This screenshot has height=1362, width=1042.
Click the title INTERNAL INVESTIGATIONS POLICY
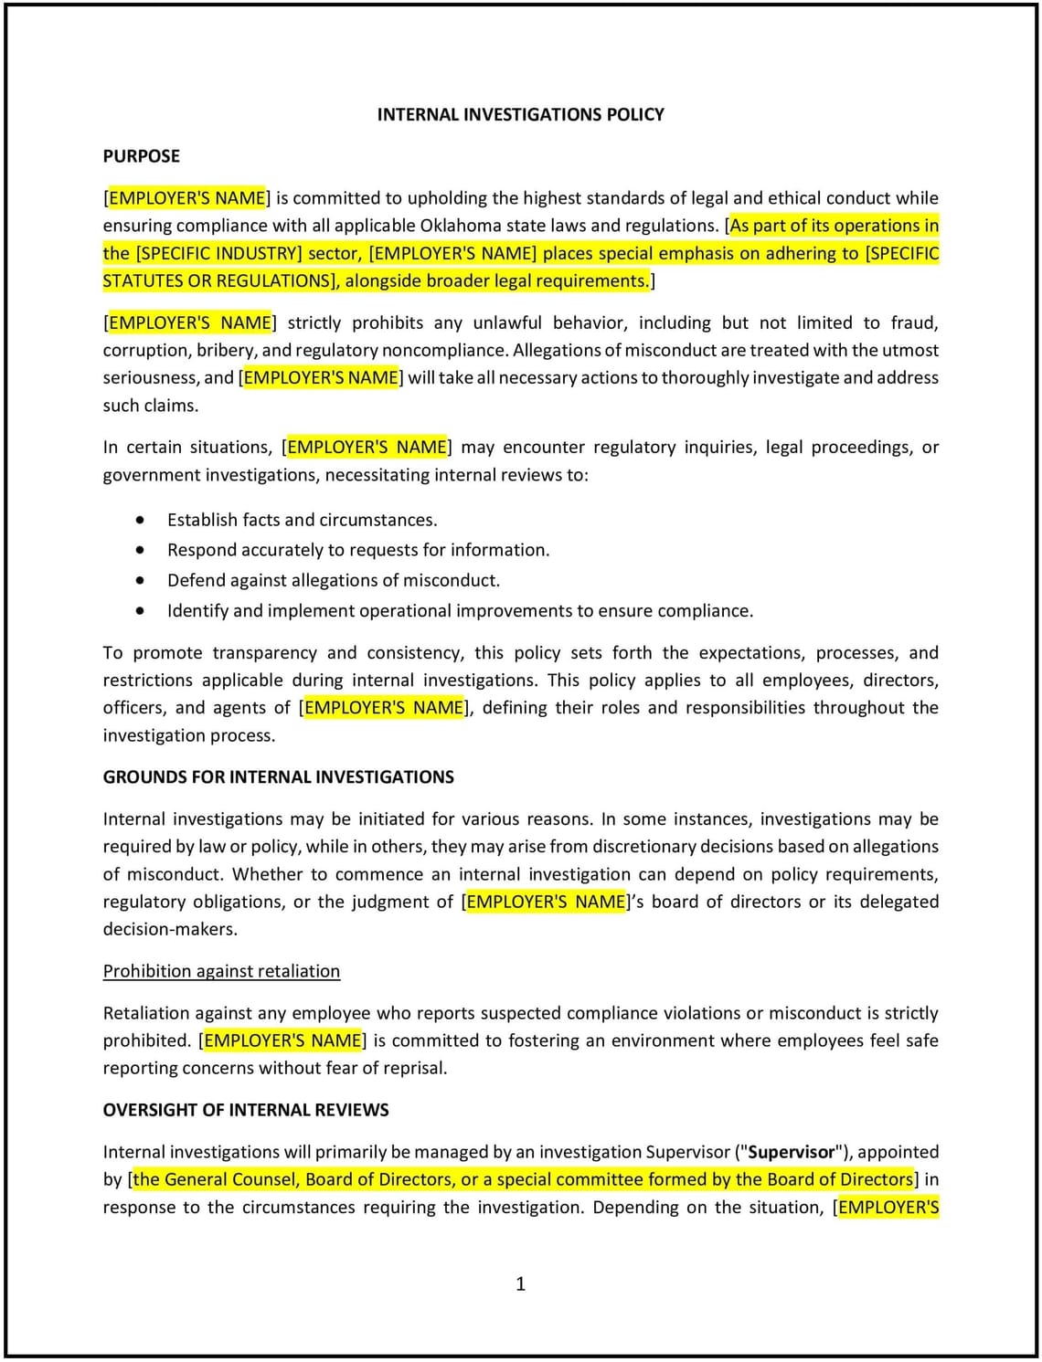pyautogui.click(x=520, y=114)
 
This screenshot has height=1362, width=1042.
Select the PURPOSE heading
pyautogui.click(x=141, y=156)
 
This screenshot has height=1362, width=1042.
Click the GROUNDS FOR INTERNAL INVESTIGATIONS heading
pyautogui.click(x=278, y=777)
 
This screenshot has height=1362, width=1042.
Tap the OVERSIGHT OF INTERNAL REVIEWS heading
pyautogui.click(x=246, y=1110)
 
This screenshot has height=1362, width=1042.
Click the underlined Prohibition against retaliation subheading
pyautogui.click(x=221, y=971)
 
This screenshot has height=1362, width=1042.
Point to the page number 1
pyautogui.click(x=521, y=1283)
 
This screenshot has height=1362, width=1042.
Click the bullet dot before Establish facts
pyautogui.click(x=140, y=520)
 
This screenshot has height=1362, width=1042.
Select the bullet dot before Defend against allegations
pyautogui.click(x=140, y=580)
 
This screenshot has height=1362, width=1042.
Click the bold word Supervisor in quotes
pyautogui.click(x=792, y=1152)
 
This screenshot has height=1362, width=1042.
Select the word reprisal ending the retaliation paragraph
pyautogui.click(x=411, y=1068)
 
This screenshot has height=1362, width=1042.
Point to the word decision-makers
pyautogui.click(x=170, y=929)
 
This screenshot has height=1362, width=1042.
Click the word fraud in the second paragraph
pyautogui.click(x=913, y=322)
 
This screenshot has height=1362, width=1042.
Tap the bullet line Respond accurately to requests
pyautogui.click(x=358, y=550)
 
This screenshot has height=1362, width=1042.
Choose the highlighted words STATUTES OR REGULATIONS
pyautogui.click(x=218, y=280)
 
